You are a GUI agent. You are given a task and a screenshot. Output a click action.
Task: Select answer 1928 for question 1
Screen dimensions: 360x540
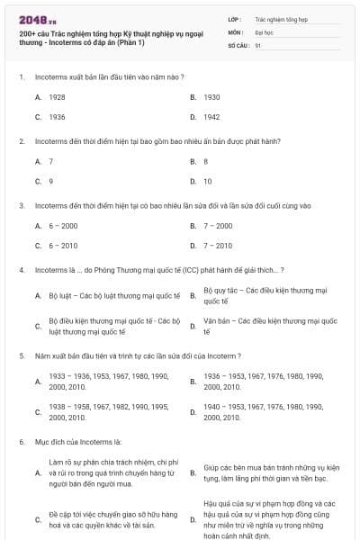[x=57, y=96]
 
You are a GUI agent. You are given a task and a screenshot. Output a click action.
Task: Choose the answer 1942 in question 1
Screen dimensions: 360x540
[x=211, y=117]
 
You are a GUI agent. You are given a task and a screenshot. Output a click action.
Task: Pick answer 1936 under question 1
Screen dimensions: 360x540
[x=57, y=117]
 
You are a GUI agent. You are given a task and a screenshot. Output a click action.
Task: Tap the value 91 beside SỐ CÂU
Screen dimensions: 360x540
[x=258, y=44]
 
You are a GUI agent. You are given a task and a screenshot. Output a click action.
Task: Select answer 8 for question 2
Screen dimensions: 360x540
[x=206, y=161]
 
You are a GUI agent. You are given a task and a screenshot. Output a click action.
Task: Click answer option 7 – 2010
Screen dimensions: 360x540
[x=218, y=245]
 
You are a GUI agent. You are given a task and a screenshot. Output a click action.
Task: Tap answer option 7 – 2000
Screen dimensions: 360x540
[x=218, y=225]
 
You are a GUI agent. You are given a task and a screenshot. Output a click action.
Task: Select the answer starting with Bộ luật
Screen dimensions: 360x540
[x=113, y=295]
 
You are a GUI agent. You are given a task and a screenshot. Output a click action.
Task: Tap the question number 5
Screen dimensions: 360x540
[x=21, y=355]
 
